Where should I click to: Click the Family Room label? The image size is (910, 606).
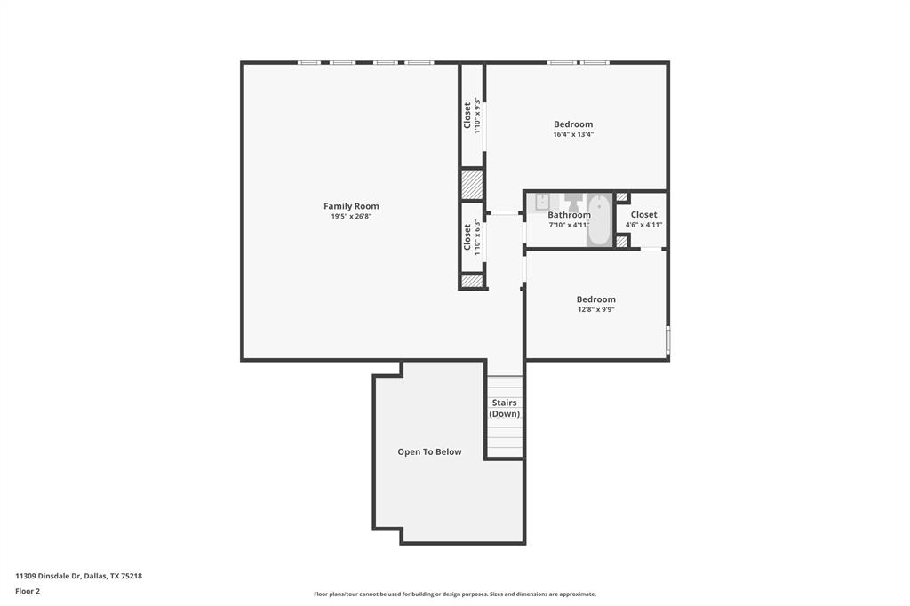tap(351, 206)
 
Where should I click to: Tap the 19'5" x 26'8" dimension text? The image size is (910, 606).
tap(351, 216)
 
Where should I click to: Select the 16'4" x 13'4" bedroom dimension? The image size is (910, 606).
tap(573, 134)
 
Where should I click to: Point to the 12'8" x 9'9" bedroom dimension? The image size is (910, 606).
tap(595, 310)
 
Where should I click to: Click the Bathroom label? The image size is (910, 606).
tap(569, 215)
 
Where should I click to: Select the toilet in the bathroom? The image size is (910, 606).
tap(573, 203)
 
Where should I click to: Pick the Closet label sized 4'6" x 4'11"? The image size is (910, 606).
tap(643, 215)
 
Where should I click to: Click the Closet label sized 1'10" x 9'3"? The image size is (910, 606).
tap(467, 115)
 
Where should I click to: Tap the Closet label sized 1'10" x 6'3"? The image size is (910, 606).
tap(467, 236)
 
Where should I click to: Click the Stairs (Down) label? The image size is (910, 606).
tap(505, 408)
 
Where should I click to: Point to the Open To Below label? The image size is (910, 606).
tap(429, 451)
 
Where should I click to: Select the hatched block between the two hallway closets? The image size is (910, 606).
tap(472, 184)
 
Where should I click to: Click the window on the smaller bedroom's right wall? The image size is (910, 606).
tap(667, 341)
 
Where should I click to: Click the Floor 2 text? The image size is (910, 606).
tap(28, 591)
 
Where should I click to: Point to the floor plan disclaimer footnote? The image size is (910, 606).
tap(454, 594)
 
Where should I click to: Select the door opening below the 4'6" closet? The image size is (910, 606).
tap(651, 249)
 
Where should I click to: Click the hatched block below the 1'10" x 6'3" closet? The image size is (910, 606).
tap(472, 281)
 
